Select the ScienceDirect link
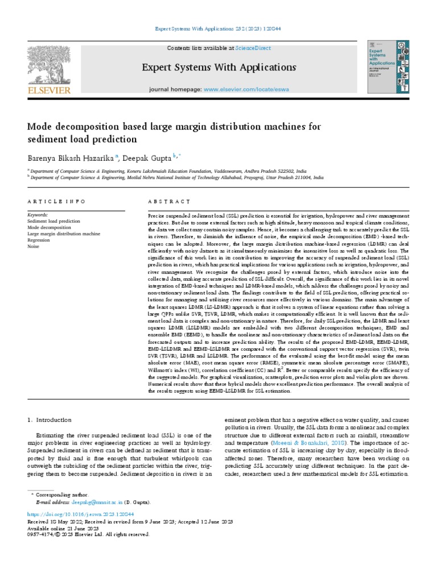coord(255,48)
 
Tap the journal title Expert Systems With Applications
coord(218,68)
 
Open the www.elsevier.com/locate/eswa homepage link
coord(245,90)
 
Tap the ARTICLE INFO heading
coord(57,202)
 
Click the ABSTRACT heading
coord(169,202)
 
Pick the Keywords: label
coord(38,215)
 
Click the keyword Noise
coord(34,246)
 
